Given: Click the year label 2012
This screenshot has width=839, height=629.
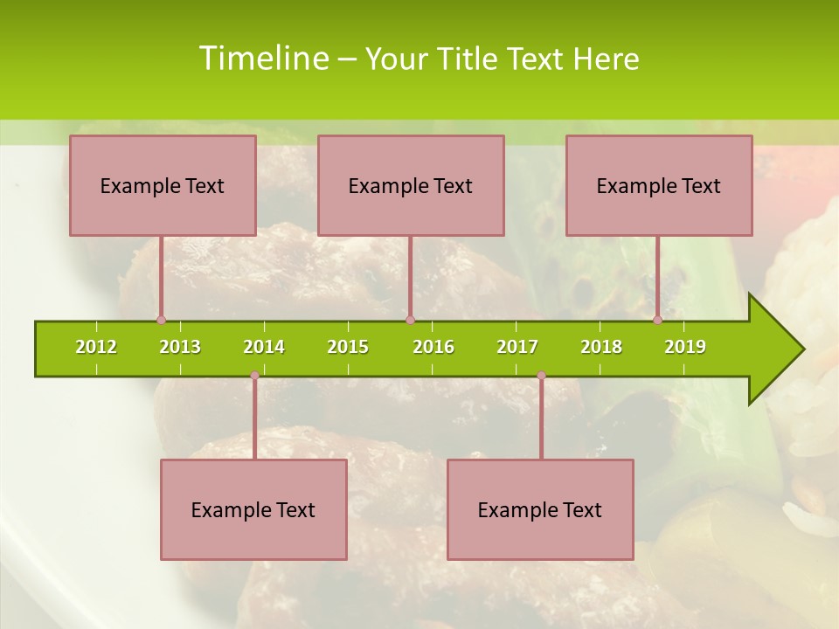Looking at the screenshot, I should click(96, 347).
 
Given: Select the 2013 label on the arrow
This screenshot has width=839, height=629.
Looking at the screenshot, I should click(180, 347).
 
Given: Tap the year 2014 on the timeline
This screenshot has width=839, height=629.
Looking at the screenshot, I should click(264, 347).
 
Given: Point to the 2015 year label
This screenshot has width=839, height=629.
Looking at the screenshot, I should click(348, 347).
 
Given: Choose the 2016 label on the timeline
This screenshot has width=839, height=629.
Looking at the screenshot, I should click(433, 347).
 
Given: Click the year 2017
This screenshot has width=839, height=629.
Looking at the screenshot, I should click(517, 347).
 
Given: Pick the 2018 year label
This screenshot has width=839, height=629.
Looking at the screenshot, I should click(601, 347).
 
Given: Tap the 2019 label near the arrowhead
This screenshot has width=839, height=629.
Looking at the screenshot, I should click(685, 347).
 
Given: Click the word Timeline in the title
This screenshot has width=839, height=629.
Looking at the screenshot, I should click(262, 59).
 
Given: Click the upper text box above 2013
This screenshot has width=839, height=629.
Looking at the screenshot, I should click(163, 185).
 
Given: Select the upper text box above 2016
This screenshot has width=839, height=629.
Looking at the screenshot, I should click(411, 185).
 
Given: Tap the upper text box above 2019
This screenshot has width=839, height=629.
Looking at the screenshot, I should click(659, 185).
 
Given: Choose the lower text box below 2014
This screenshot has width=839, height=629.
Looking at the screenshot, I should click(253, 509).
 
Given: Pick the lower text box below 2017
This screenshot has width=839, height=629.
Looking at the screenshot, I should click(540, 509).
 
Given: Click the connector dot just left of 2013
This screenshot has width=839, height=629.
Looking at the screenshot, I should click(162, 321).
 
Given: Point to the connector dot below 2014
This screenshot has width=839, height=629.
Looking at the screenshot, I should click(254, 376).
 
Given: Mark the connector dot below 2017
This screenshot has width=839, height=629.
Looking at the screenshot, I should click(541, 376).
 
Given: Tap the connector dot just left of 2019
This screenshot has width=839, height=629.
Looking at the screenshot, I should click(658, 321).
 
